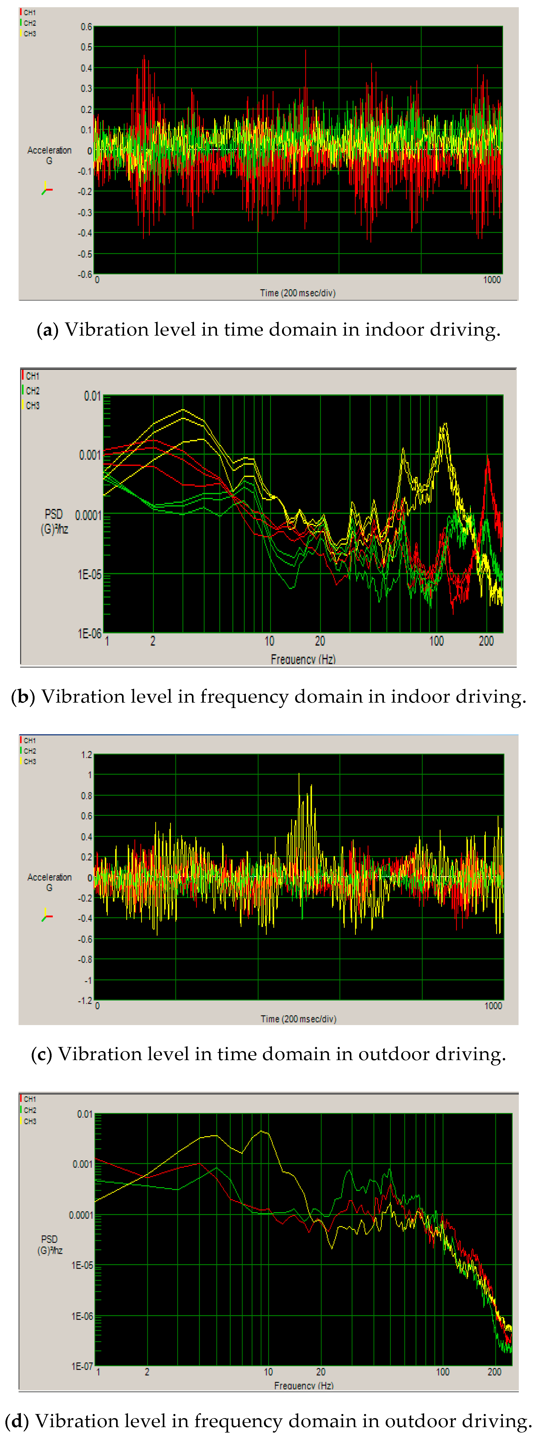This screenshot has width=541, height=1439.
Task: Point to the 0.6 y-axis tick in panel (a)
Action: coord(86,27)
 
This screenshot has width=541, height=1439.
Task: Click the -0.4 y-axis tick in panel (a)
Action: coord(85,233)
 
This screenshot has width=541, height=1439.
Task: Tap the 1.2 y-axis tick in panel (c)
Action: coord(87,755)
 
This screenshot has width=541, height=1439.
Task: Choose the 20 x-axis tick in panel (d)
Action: coord(321,1372)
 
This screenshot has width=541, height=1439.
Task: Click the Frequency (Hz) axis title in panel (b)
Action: coord(303,659)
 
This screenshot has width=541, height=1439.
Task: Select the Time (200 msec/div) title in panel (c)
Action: coord(298,1019)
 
